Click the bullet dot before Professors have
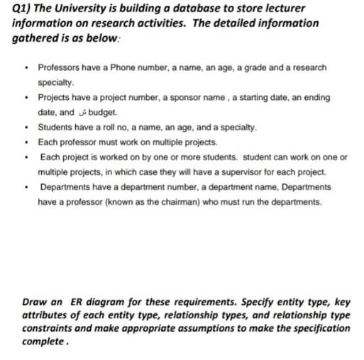[x=26, y=68]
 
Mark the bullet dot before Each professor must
[x=26, y=142]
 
